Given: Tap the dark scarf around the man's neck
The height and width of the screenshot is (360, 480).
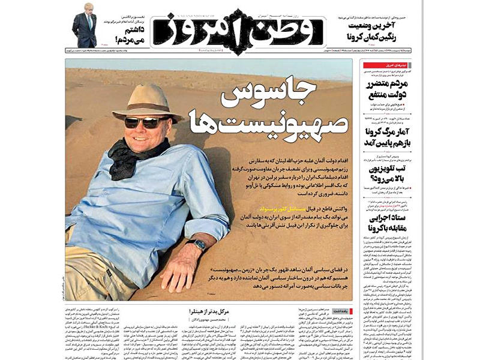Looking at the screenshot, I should pos(129,157).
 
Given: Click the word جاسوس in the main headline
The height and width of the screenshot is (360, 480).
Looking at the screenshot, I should pos(274,95).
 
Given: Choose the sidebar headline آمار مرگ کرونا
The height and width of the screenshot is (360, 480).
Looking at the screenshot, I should pos(388,137).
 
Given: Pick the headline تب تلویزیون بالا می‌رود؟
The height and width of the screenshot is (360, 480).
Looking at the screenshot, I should pos(388,173).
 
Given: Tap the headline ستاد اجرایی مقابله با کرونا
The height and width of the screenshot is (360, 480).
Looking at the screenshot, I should pos(388,223).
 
